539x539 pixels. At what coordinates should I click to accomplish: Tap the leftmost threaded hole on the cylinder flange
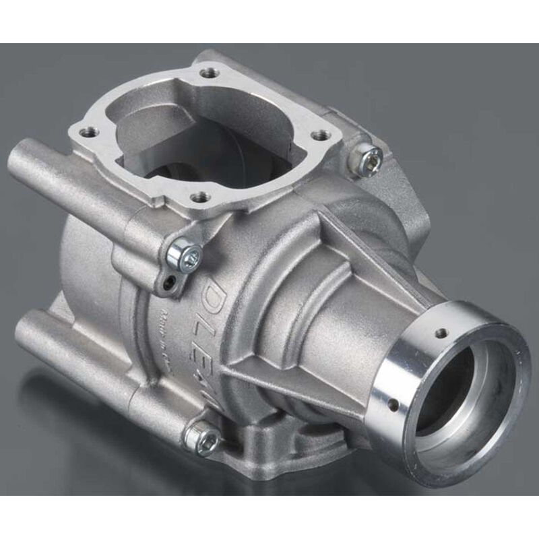coord(84,132)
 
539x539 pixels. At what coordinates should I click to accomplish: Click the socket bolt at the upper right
coord(367,157)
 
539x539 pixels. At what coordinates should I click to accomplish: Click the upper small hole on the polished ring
coord(441,332)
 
